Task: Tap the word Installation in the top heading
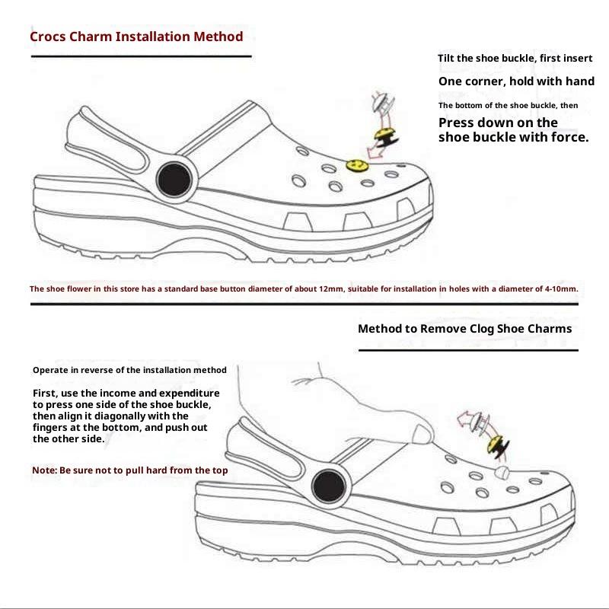tap(151, 37)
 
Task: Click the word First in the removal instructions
tap(44, 392)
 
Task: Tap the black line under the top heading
tap(141, 56)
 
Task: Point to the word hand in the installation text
tap(581, 81)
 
